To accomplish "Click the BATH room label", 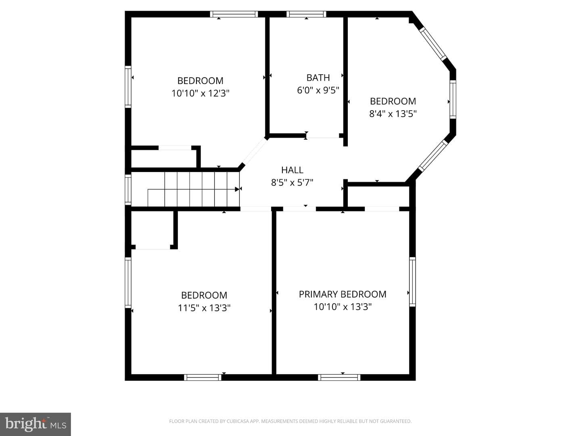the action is click(318, 78).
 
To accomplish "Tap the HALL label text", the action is click(292, 170).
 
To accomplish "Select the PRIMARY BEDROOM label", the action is click(343, 294).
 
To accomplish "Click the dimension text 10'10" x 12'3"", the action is click(201, 93).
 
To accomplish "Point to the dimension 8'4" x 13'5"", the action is click(393, 114).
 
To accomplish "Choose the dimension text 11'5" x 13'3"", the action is click(204, 308).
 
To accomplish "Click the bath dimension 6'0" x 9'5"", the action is click(318, 90).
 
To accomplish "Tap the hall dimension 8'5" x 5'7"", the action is click(292, 182).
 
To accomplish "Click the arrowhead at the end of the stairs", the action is click(237, 189).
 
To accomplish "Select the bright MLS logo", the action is click(36, 424).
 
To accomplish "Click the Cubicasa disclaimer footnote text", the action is click(290, 421).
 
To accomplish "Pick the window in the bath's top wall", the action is click(306, 14).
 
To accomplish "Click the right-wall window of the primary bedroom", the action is click(412, 282).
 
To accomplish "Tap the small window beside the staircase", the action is click(128, 190).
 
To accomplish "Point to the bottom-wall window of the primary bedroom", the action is click(339, 377).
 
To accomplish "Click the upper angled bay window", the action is click(433, 44).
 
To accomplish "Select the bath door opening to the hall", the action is click(323, 136).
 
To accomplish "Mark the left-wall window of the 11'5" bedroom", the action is click(128, 283).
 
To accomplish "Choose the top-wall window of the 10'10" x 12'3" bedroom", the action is click(234, 14).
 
